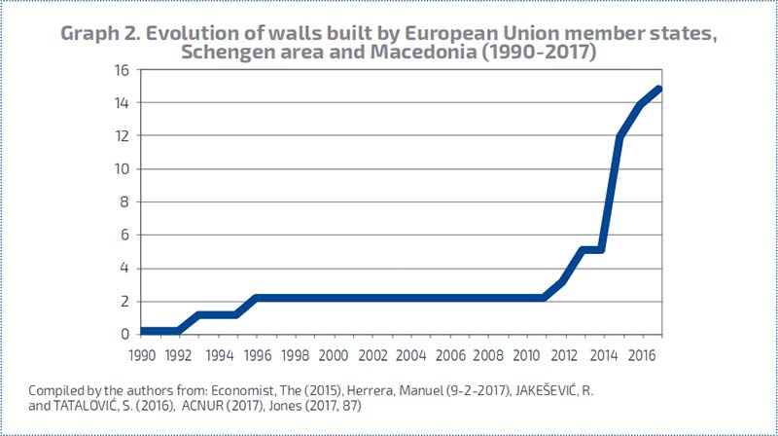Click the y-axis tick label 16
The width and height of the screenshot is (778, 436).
tap(121, 70)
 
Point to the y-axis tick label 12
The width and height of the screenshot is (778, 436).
tap(121, 136)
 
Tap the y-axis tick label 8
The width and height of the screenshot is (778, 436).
tap(124, 202)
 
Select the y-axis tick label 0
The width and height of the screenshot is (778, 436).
tap(124, 334)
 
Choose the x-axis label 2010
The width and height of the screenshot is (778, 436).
tap(526, 354)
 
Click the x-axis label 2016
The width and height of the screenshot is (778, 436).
tap(641, 354)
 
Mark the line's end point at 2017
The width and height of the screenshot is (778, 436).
tap(659, 90)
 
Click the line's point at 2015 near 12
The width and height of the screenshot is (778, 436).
tap(620, 136)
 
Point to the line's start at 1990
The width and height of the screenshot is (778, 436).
tap(142, 331)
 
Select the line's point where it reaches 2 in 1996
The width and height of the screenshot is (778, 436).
tap(256, 298)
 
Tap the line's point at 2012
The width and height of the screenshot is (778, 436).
tap(563, 281)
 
